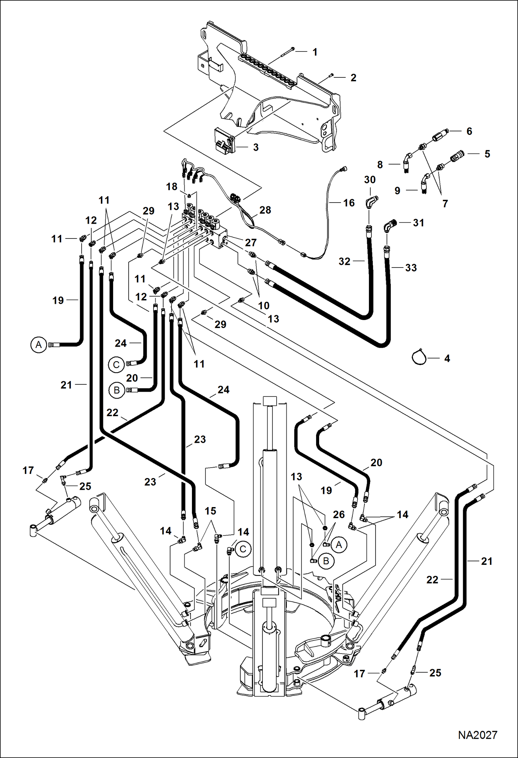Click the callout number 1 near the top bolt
click(315, 52)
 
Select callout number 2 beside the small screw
click(353, 78)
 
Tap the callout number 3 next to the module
click(256, 148)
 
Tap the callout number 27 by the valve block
click(250, 243)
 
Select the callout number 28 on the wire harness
click(265, 210)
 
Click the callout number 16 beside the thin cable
click(349, 203)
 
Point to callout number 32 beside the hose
click(344, 262)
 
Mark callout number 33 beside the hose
click(411, 268)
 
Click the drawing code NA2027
click(478, 735)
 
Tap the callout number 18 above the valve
click(172, 187)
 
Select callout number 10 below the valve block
click(263, 306)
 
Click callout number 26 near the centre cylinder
click(339, 515)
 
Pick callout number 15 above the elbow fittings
click(210, 511)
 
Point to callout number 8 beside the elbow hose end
click(380, 165)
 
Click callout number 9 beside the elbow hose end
click(397, 191)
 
